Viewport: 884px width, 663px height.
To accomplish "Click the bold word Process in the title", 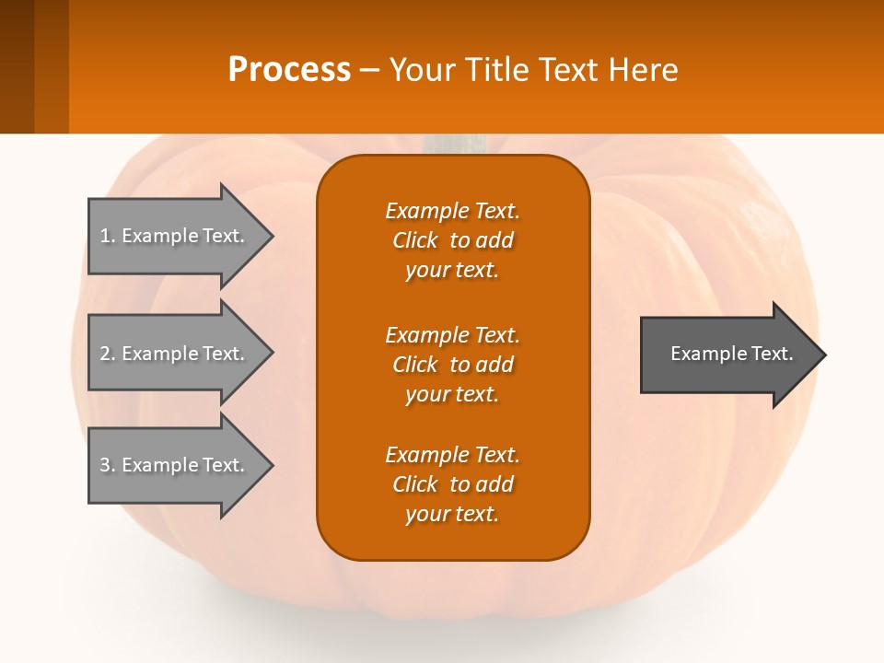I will coord(289,70).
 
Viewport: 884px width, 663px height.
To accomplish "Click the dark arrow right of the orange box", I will coord(727,354).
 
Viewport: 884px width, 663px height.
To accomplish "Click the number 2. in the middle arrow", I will coord(108,354).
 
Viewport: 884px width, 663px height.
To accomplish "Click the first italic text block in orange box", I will coord(452,240).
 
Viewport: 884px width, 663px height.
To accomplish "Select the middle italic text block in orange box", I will coord(452,364).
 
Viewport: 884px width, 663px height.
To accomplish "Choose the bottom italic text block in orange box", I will coord(452,484).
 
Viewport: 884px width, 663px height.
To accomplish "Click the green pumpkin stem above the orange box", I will coord(454,144).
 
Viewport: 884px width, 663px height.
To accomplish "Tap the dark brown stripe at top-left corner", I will coord(17,66).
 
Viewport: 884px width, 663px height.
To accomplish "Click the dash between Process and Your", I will coord(370,70).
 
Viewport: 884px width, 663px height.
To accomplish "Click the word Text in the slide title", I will coord(565,70).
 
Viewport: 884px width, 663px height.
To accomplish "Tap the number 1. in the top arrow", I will coord(108,236).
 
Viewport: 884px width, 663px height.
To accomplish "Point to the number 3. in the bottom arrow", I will coord(108,465).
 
